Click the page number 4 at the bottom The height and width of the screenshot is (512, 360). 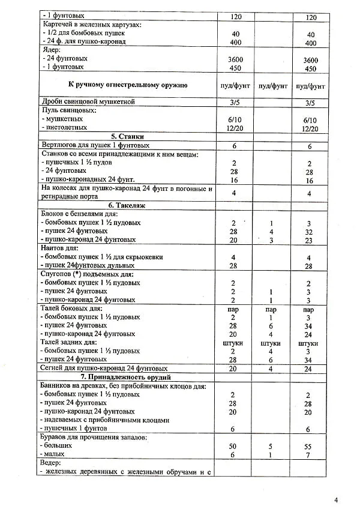[x=336, y=499]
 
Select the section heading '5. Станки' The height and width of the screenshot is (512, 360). [x=127, y=136]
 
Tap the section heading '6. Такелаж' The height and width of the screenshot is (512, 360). [x=127, y=205]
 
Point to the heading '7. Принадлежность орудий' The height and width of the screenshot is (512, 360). [x=127, y=377]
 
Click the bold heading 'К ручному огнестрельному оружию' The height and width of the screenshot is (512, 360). [x=127, y=85]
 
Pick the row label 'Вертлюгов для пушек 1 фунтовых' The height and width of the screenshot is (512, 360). [x=94, y=145]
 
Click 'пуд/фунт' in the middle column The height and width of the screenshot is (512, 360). [x=272, y=86]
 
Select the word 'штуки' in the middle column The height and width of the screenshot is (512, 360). [x=272, y=343]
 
